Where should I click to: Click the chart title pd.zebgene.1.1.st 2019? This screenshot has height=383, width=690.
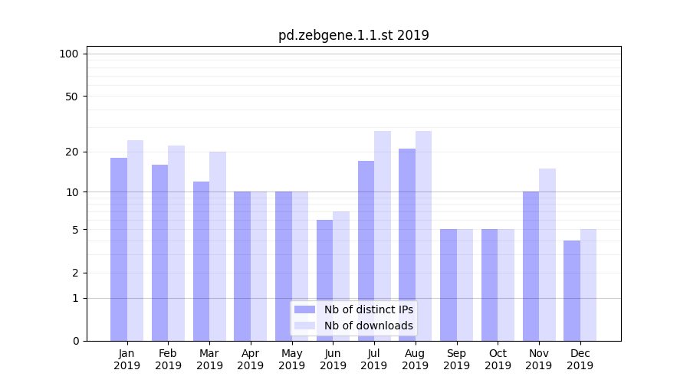coord(353,35)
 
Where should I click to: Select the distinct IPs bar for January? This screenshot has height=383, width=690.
coord(119,249)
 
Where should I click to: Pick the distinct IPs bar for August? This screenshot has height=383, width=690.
coord(407,244)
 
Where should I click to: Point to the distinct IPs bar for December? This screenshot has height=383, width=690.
coord(572,290)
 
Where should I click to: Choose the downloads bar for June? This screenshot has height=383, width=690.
coord(341,276)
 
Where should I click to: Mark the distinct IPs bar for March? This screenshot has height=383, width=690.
coord(201,260)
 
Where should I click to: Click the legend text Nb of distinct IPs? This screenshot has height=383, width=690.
coord(368,309)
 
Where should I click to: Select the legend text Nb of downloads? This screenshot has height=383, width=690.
coord(368,326)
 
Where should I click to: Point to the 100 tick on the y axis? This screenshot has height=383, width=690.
coord(69,54)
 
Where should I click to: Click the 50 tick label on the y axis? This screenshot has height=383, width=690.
coord(71,97)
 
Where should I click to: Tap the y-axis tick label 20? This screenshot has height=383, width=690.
coord(71,152)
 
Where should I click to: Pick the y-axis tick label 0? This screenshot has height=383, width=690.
coord(75,341)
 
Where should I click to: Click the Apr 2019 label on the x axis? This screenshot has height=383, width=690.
coord(251,359)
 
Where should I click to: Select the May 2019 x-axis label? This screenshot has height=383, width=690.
coord(292,359)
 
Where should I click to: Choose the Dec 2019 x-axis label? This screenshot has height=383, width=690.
coord(580,359)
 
